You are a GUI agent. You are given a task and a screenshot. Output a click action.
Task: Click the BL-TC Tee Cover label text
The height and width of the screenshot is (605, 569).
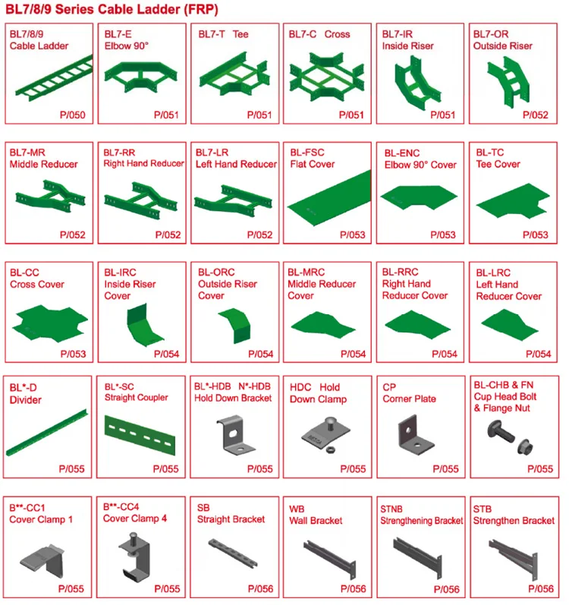coord(497,159)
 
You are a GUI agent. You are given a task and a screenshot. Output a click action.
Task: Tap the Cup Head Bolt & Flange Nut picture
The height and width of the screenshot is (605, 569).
coord(508,439)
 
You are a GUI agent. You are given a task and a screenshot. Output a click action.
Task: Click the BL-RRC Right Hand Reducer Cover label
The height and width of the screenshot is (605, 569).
coord(414,284)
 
